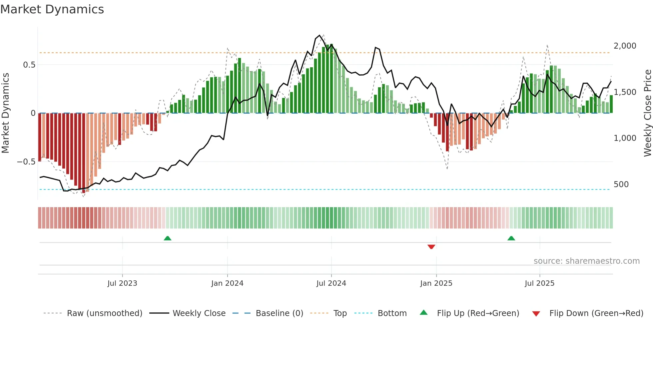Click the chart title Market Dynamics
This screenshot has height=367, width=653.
pyautogui.click(x=52, y=9)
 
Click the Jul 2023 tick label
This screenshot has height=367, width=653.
pyautogui.click(x=122, y=283)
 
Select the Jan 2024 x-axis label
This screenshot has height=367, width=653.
pyautogui.click(x=227, y=283)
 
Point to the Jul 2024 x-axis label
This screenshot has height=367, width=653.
pyautogui.click(x=331, y=283)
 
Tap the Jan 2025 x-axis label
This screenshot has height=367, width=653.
pyautogui.click(x=436, y=283)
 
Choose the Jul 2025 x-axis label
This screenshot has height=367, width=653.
pyautogui.click(x=539, y=283)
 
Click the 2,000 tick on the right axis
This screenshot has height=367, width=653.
pyautogui.click(x=625, y=46)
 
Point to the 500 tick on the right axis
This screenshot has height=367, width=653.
pyautogui.click(x=621, y=184)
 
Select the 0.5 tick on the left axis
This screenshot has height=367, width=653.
pyautogui.click(x=29, y=65)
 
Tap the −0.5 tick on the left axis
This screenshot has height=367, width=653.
pyautogui.click(x=26, y=162)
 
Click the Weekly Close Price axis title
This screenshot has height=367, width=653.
pyautogui.click(x=647, y=113)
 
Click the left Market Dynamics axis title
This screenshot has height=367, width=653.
pyautogui.click(x=5, y=113)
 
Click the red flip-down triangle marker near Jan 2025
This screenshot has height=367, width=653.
pyautogui.click(x=431, y=247)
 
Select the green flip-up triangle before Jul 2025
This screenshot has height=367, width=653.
pyautogui.click(x=511, y=238)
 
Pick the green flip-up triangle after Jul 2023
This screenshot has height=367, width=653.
pyautogui.click(x=168, y=238)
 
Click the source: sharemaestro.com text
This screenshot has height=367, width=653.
pyautogui.click(x=586, y=261)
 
